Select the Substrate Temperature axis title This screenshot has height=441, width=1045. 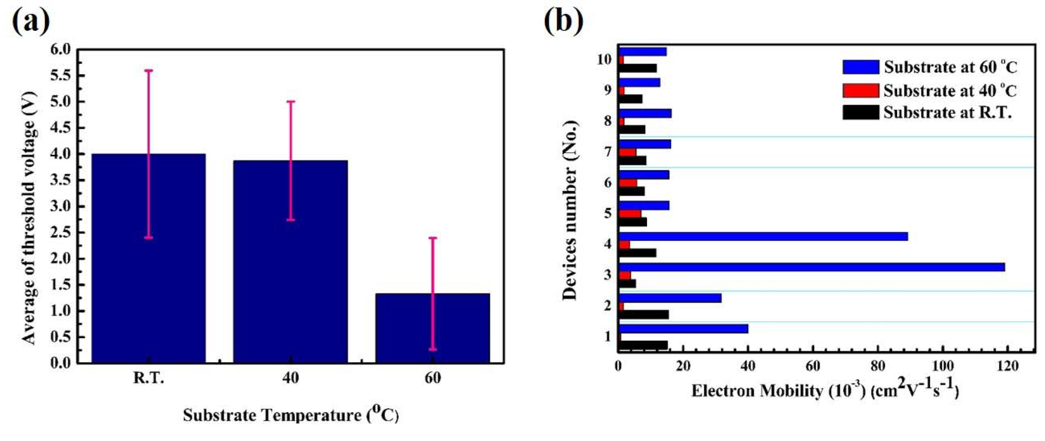[290, 415]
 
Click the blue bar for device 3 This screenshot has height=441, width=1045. [811, 267]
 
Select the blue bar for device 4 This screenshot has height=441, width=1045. [763, 236]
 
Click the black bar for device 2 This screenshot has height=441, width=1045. [644, 314]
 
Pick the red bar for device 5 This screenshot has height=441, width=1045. [630, 214]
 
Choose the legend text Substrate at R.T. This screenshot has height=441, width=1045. [948, 112]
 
